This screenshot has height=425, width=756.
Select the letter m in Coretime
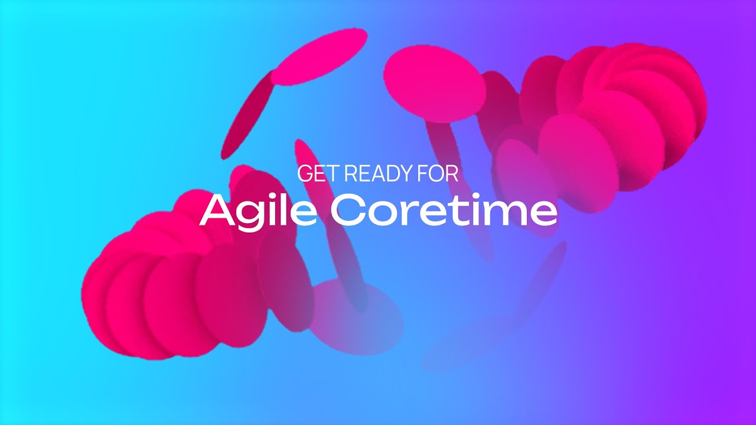click(508, 214)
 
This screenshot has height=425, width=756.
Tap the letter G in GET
click(305, 174)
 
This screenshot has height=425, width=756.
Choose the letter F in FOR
click(422, 174)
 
